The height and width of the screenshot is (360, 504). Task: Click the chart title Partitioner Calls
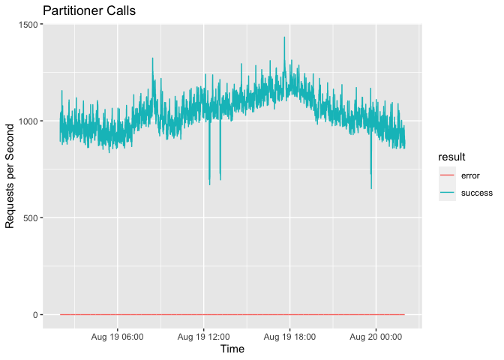tap(88, 11)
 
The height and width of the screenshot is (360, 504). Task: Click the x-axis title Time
tap(232, 349)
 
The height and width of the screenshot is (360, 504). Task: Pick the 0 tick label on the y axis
tap(34, 315)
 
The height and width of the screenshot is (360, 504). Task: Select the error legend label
tap(472, 175)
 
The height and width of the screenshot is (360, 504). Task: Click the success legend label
tap(477, 193)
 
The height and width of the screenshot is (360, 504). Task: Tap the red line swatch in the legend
tap(447, 175)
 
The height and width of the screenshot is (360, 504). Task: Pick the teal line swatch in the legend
tap(447, 193)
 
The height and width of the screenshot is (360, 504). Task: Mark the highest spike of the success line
tap(284, 37)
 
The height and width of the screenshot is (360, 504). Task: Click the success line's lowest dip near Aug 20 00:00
tap(371, 187)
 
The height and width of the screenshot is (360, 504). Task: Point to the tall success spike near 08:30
tap(152, 58)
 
